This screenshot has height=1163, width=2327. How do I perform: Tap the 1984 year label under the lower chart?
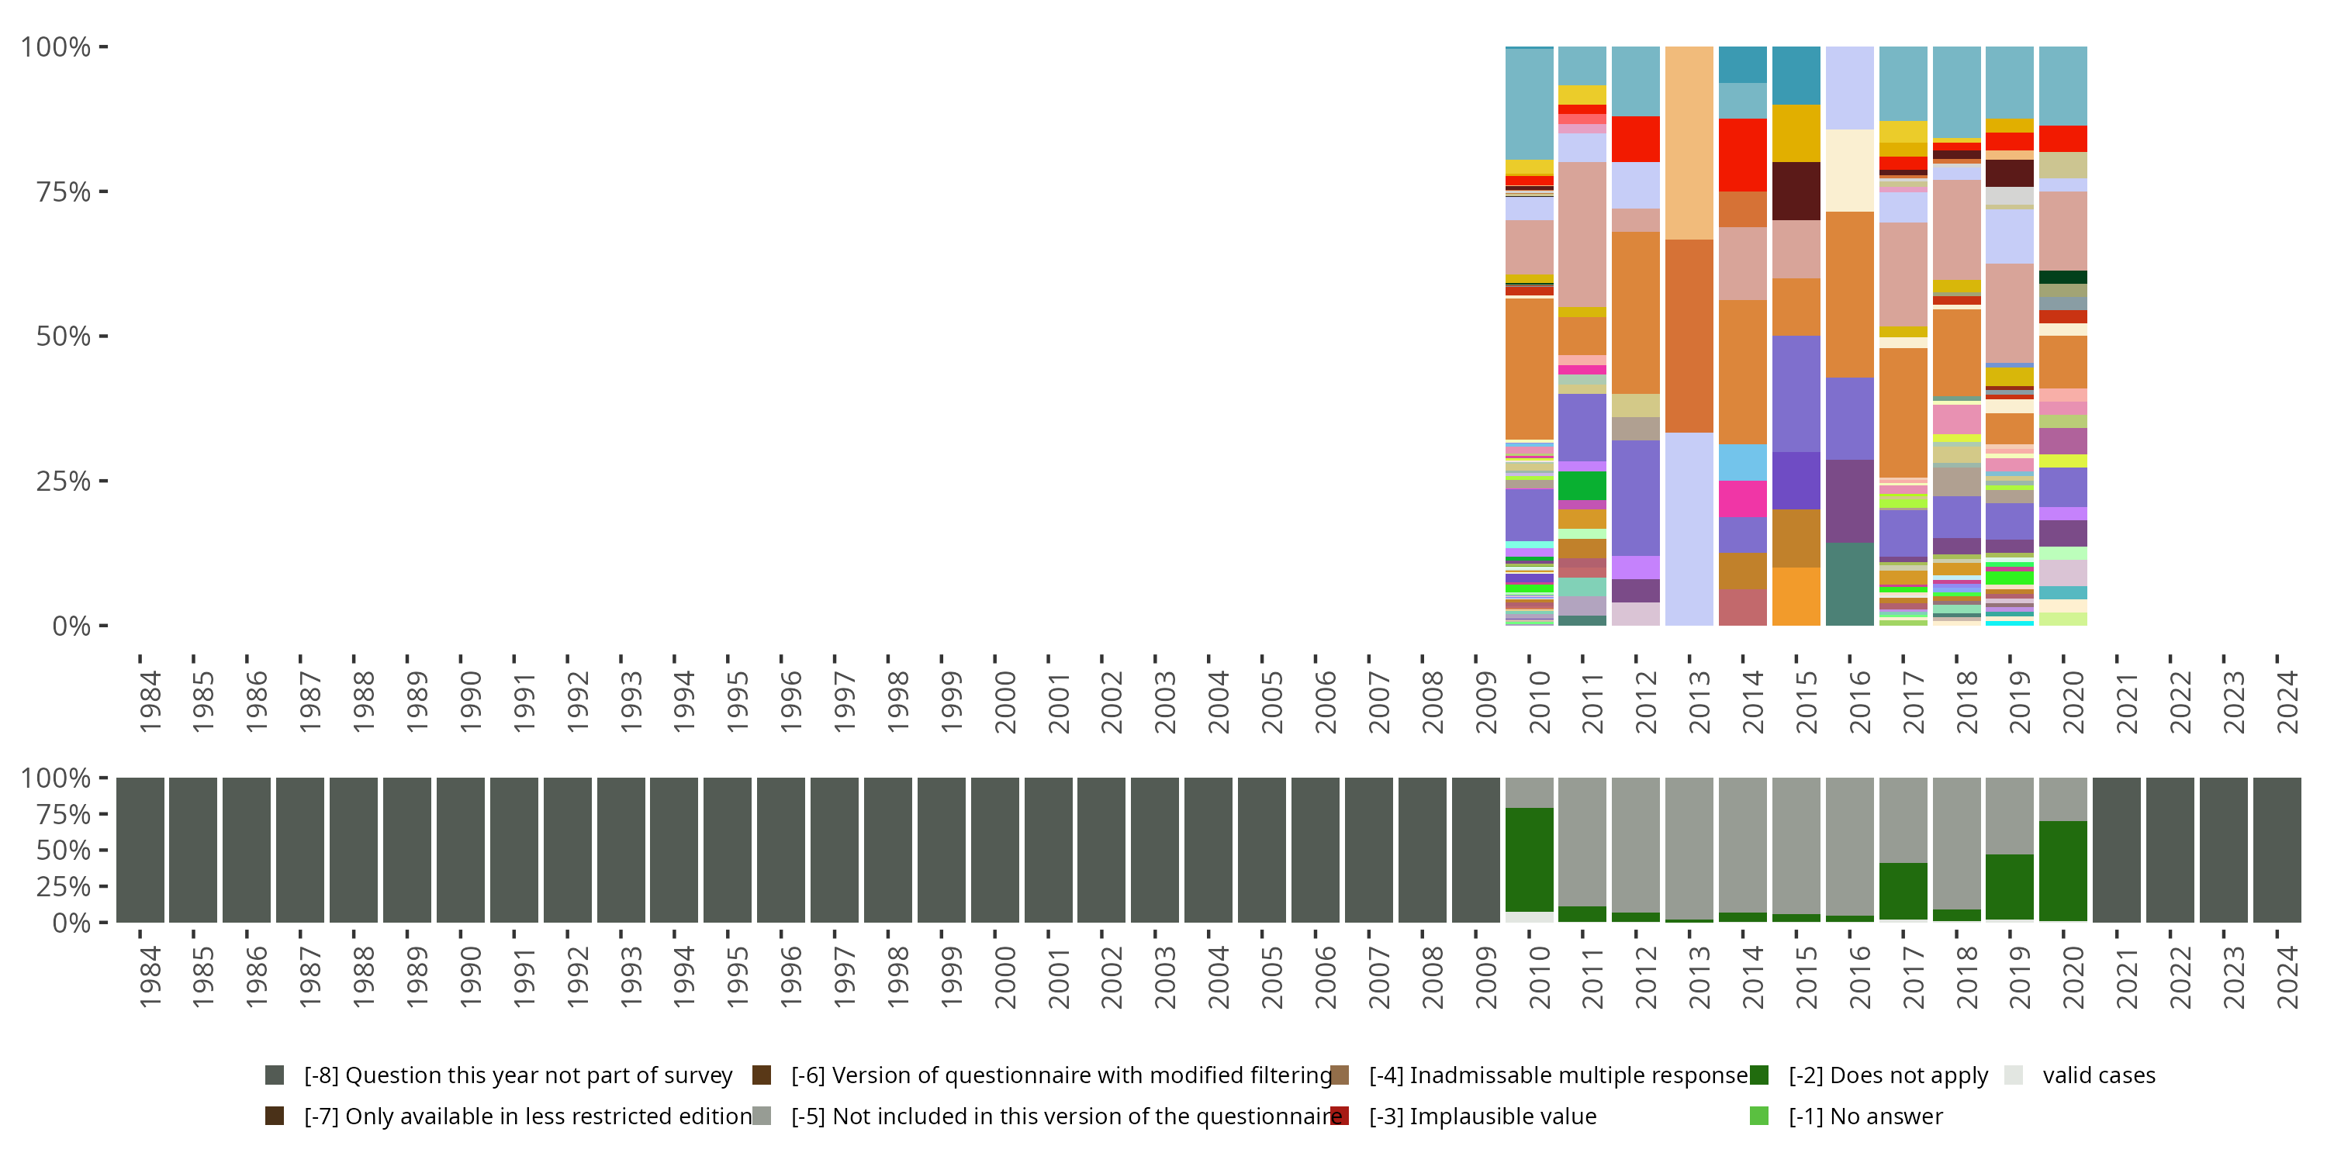click(x=150, y=977)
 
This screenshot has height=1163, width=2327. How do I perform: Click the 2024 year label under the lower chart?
click(x=2287, y=977)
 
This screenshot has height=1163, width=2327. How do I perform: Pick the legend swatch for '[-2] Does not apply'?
click(x=1758, y=1075)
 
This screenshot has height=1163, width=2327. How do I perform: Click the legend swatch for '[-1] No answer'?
click(x=1758, y=1116)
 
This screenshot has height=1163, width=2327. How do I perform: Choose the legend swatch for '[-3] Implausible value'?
click(x=1340, y=1116)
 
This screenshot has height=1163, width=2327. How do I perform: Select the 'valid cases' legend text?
click(x=2098, y=1075)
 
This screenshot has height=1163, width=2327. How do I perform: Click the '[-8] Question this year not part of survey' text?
click(x=517, y=1075)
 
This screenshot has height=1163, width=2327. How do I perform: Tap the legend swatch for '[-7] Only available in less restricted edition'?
click(x=275, y=1116)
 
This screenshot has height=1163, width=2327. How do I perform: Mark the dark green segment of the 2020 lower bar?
click(x=2062, y=871)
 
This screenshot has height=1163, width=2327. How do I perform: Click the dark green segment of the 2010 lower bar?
click(x=1530, y=860)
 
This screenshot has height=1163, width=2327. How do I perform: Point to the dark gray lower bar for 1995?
click(x=728, y=850)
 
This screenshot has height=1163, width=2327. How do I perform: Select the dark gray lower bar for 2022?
click(x=2169, y=850)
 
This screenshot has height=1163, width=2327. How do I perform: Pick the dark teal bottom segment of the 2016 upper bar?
click(x=1849, y=584)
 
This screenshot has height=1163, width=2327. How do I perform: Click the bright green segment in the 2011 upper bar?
click(x=1582, y=486)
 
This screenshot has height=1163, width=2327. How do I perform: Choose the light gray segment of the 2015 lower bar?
click(x=1796, y=845)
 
